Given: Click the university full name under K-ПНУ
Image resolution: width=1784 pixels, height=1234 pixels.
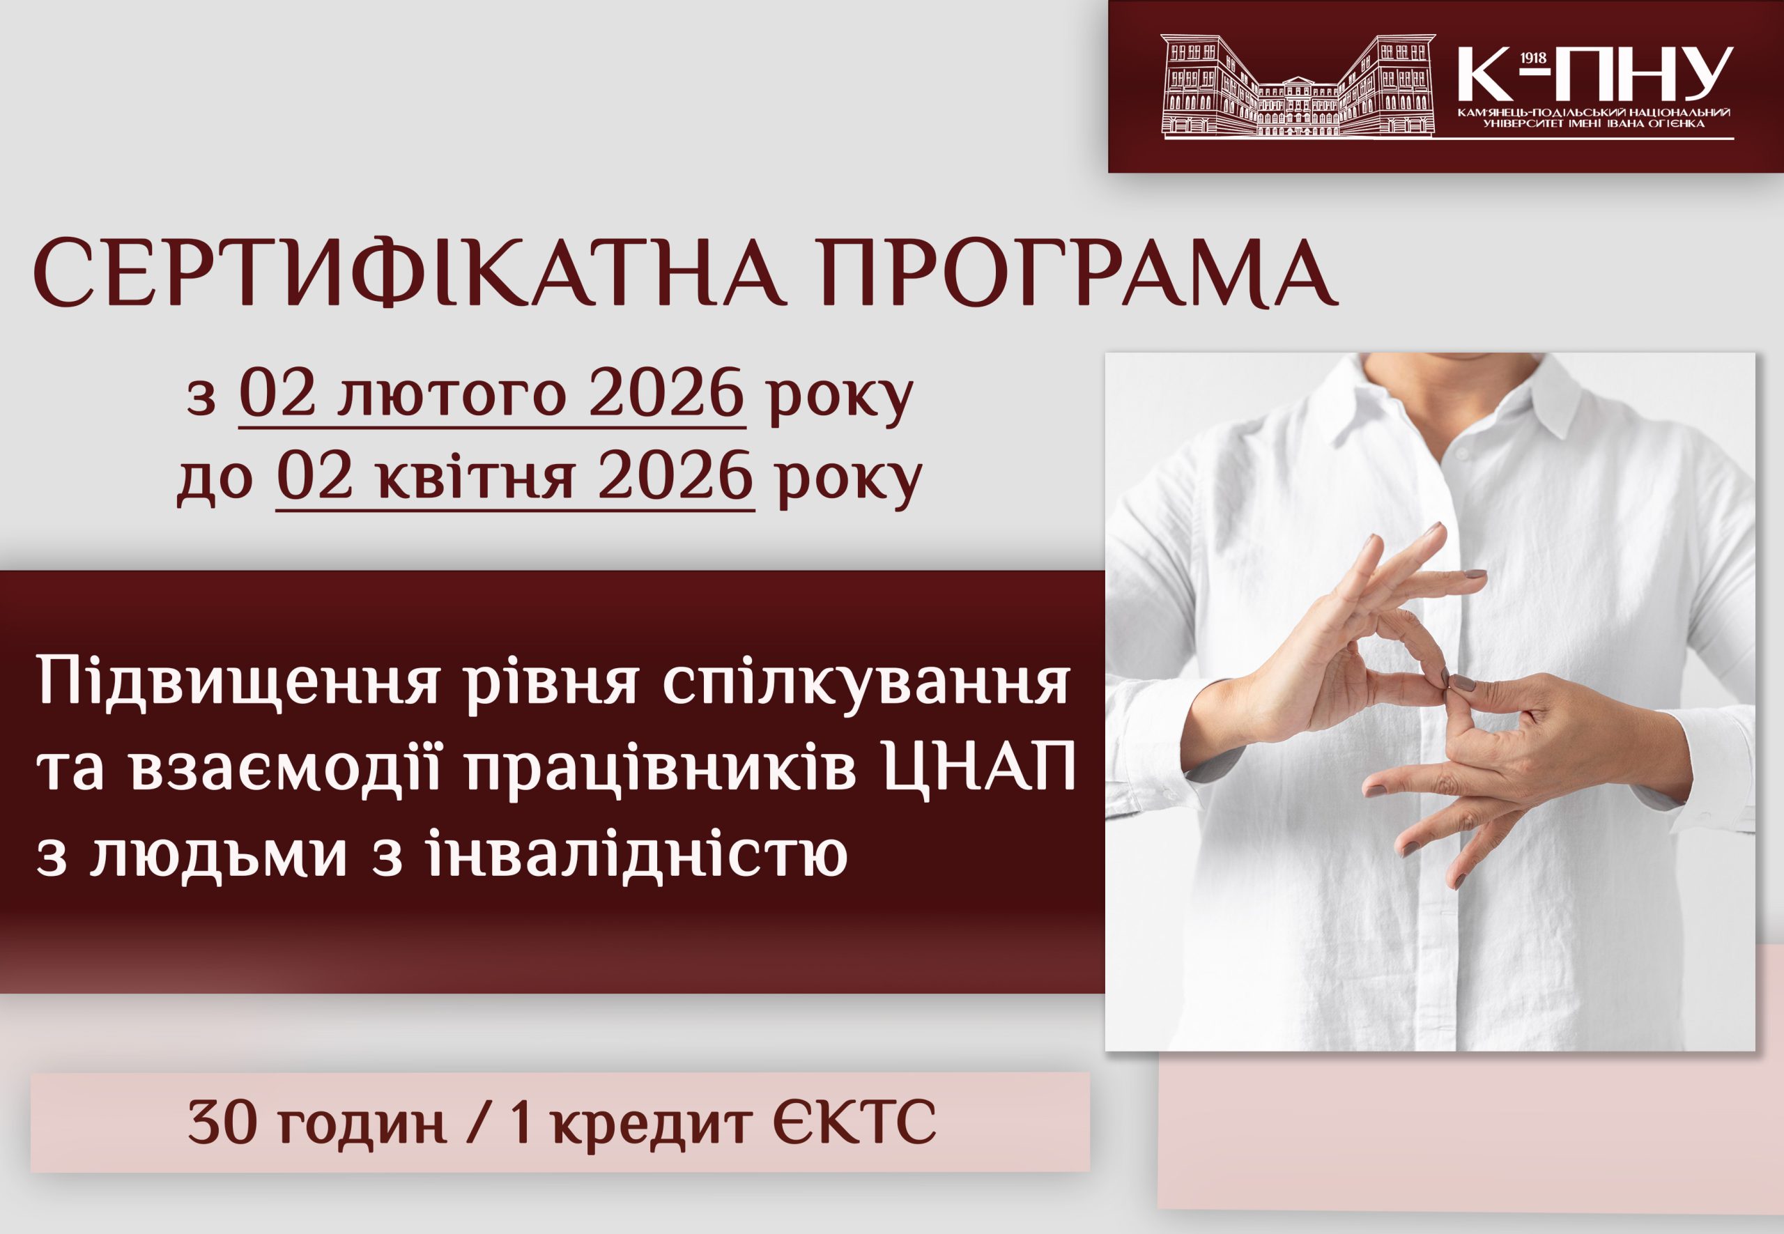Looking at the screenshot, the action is (x=1595, y=118).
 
